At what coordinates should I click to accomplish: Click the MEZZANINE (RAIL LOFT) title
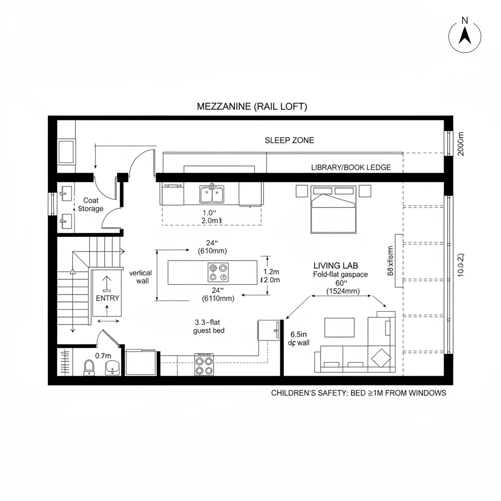(x=252, y=106)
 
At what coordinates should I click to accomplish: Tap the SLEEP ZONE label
(x=289, y=140)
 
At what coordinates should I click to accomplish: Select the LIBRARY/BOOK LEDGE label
(x=351, y=167)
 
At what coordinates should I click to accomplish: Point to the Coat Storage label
(x=91, y=205)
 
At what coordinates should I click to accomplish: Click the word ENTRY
(x=107, y=297)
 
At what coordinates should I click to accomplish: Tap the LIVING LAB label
(x=336, y=265)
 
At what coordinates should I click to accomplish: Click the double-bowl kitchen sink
(x=212, y=194)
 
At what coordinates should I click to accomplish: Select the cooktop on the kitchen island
(x=218, y=273)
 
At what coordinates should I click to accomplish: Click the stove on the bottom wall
(x=205, y=364)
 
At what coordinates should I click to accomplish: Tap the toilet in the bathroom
(x=89, y=367)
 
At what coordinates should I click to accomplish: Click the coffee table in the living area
(x=339, y=327)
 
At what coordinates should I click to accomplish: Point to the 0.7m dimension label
(x=103, y=356)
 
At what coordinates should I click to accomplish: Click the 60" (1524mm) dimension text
(x=342, y=287)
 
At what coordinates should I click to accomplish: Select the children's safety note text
(x=358, y=393)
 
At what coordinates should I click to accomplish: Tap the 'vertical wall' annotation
(x=140, y=277)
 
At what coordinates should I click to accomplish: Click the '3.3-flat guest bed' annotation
(x=209, y=326)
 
